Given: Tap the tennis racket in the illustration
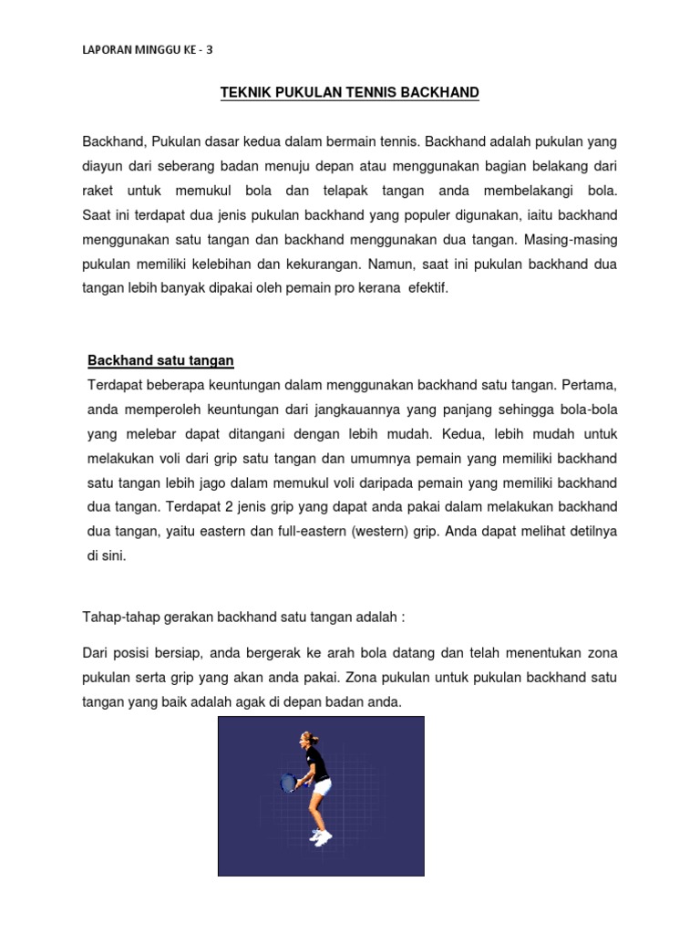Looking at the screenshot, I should click(x=288, y=783).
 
